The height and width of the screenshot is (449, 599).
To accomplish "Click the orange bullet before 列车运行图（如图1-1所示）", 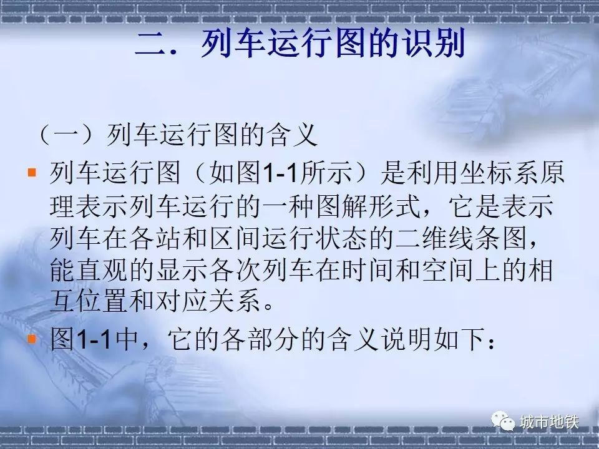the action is click(32, 173).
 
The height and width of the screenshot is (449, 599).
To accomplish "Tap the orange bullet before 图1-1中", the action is click(32, 338).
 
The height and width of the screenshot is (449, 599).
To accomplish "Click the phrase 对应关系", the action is click(208, 302).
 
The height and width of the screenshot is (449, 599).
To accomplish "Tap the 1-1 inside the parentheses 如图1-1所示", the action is click(280, 173).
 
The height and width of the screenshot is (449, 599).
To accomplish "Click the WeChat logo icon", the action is click(503, 421).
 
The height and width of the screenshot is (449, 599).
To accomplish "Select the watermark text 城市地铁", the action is click(549, 422).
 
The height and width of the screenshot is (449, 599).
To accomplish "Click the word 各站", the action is click(155, 238).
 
